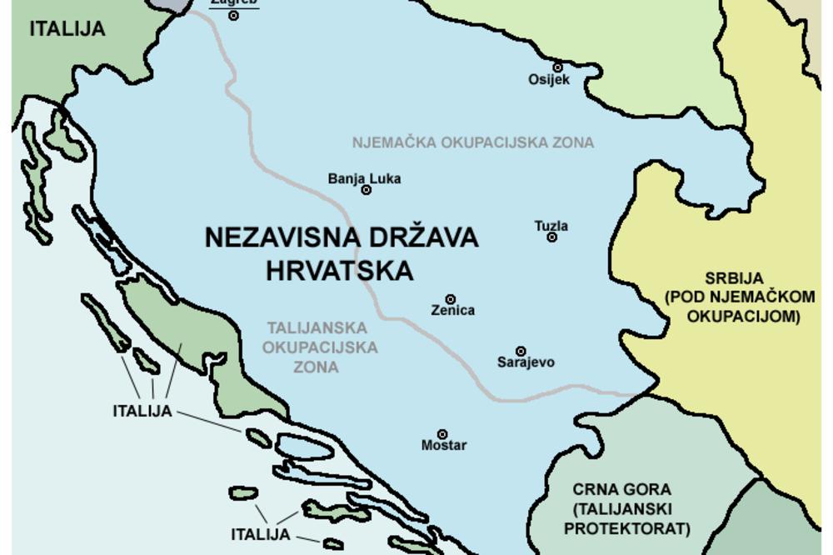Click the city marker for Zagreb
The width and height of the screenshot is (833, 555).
tap(234, 15)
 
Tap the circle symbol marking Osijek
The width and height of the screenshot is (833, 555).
tap(557, 67)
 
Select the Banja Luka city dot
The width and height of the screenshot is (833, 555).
tap(366, 190)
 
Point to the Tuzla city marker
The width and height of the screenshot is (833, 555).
tap(551, 237)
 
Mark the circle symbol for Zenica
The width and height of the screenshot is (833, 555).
tap(451, 299)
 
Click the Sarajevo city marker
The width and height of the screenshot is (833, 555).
tap(521, 352)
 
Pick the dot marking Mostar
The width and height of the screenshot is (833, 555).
tap(442, 434)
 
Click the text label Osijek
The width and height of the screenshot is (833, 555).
tap(549, 80)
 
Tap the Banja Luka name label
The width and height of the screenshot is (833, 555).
tap(364, 178)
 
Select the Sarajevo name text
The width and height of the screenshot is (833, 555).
tap(526, 362)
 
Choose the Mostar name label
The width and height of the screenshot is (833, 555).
tap(444, 445)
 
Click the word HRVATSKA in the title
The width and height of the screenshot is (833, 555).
tap(340, 271)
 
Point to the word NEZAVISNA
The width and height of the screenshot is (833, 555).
tap(275, 237)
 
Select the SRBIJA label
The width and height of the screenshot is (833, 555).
tap(734, 278)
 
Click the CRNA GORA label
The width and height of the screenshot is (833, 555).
tap(622, 490)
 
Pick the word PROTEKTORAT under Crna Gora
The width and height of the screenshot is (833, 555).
tap(627, 528)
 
